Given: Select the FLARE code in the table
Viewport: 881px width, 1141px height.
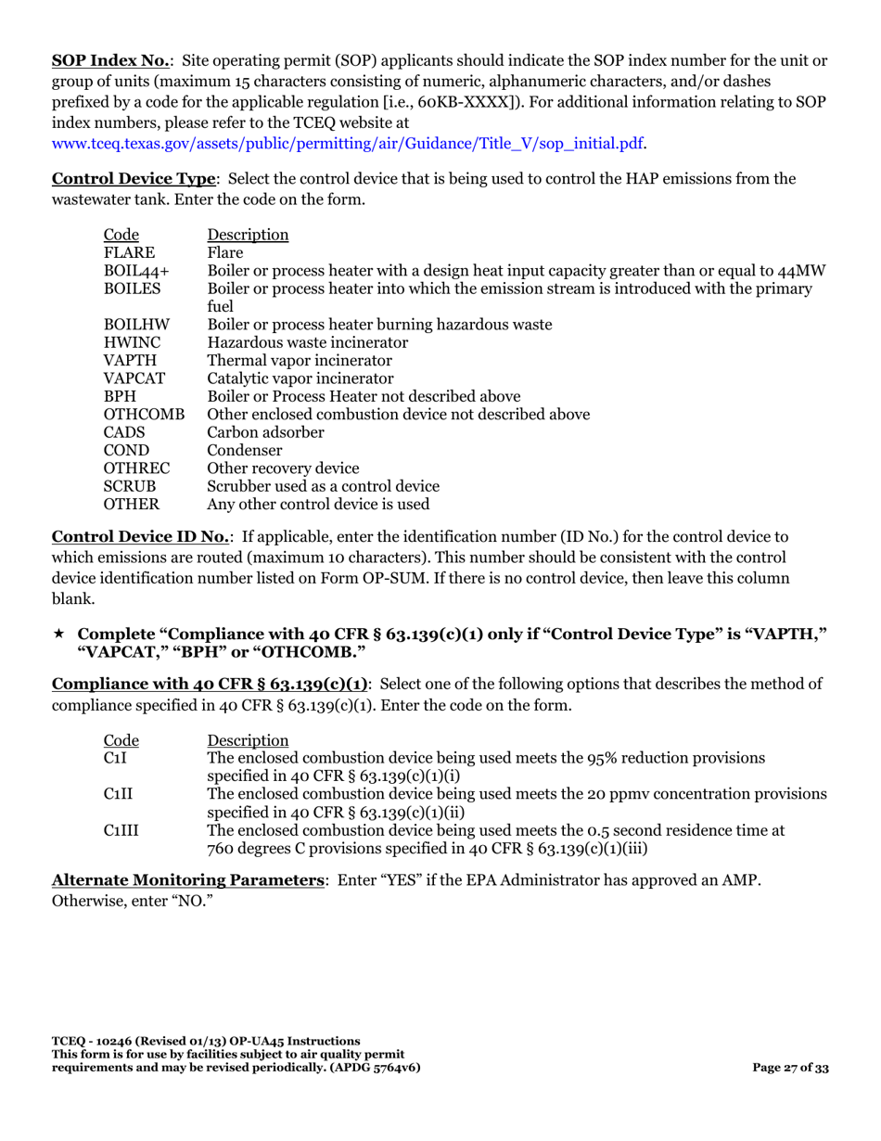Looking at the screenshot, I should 129,252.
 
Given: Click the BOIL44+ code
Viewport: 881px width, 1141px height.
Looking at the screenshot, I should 136,271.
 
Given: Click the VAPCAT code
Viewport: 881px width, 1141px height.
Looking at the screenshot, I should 134,378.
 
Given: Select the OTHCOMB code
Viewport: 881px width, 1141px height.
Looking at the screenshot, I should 144,415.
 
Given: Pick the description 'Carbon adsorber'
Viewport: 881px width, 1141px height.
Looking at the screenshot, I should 265,432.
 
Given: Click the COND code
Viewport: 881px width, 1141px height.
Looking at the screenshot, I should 127,451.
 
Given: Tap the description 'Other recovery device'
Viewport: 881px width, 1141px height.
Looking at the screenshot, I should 283,468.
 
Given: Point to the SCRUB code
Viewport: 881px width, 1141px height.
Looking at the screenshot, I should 130,487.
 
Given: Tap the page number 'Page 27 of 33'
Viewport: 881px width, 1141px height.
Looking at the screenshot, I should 791,1068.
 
